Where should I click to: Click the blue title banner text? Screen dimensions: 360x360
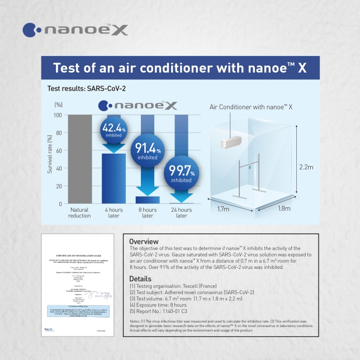tap(179, 68)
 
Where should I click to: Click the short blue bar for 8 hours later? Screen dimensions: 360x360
tap(148, 200)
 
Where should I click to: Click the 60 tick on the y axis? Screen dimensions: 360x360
tap(58, 150)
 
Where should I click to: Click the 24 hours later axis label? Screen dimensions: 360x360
tap(180, 212)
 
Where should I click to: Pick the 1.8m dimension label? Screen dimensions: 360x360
tap(285, 209)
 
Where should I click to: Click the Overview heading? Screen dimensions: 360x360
tap(144, 241)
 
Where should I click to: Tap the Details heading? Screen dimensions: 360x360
tap(140, 278)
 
